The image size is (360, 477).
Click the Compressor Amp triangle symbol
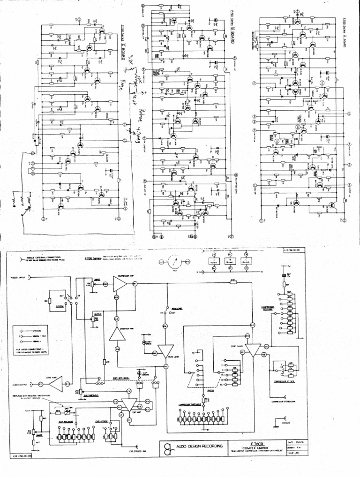point(121,285)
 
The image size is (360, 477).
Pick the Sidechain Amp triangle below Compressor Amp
point(116,333)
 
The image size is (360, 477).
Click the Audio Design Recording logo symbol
point(167,446)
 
